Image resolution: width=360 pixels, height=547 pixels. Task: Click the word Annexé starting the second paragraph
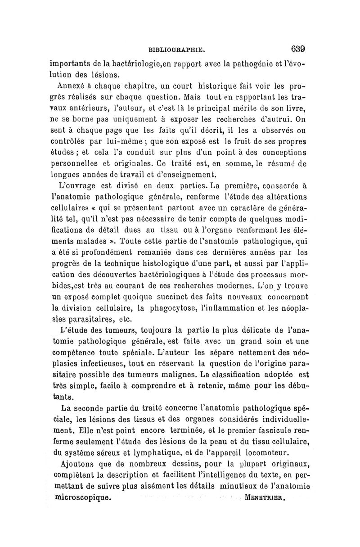tap(73, 87)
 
